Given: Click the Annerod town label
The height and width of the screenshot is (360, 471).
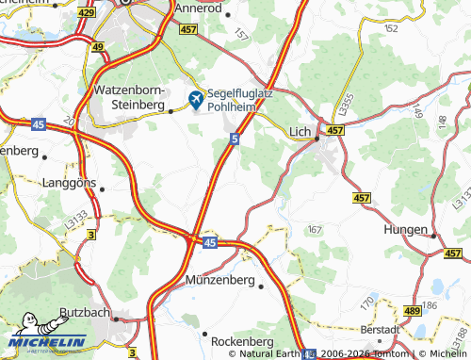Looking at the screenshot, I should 200,8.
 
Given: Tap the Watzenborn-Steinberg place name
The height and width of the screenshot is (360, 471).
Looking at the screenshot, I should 130,95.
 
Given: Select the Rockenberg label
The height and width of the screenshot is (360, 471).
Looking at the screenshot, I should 242,340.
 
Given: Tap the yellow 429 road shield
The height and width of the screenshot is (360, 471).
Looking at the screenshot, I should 87,12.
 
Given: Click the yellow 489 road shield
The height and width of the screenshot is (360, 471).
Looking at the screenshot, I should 412,310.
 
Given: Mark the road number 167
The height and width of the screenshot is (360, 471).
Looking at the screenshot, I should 315,229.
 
